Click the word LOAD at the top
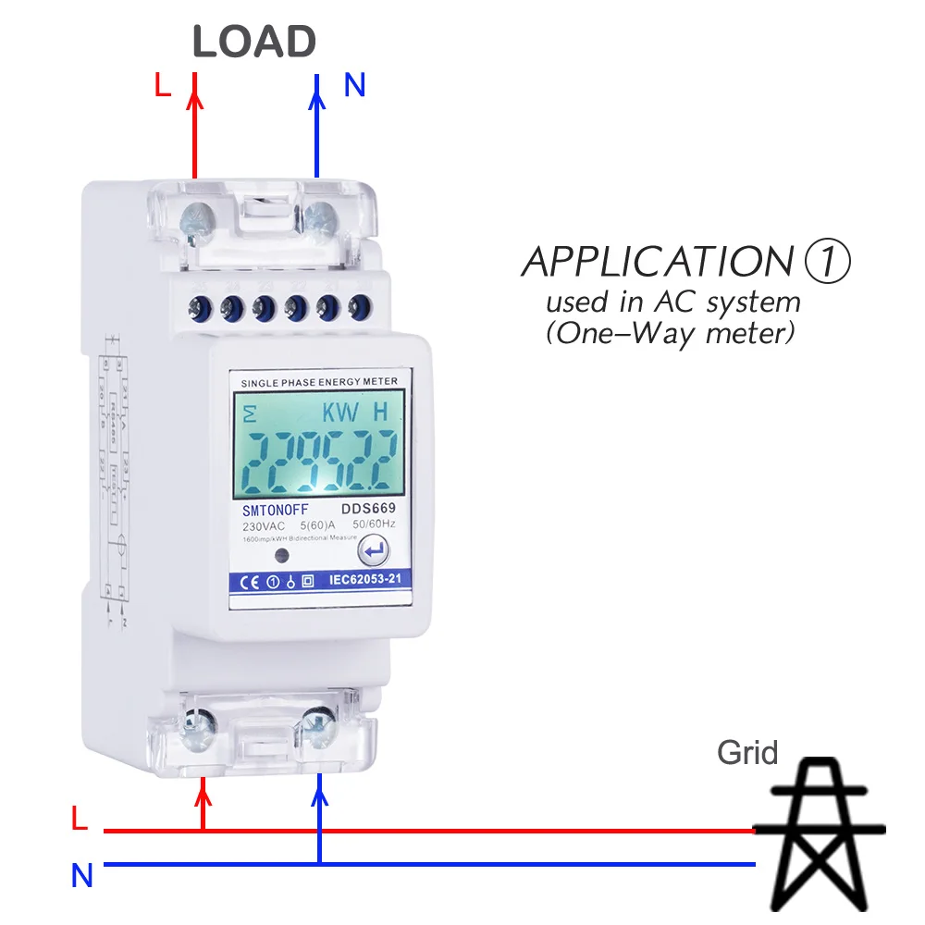(x=254, y=43)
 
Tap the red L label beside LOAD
(x=163, y=85)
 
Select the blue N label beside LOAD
(x=355, y=85)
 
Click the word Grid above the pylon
(x=747, y=753)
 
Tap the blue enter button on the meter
(x=374, y=552)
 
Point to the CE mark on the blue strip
(x=251, y=582)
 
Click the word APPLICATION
(x=657, y=263)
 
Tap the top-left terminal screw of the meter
(x=197, y=219)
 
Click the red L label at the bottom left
(x=80, y=819)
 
